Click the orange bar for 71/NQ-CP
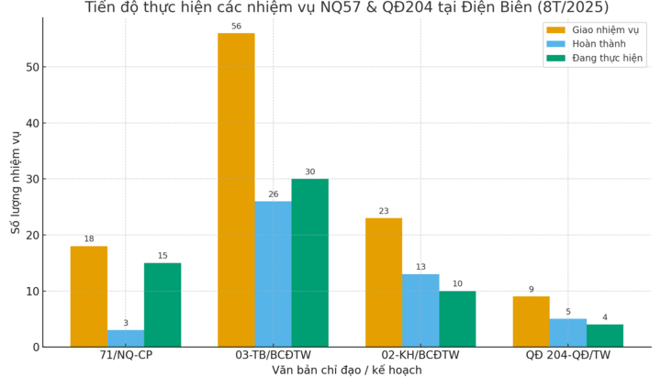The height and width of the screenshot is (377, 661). pos(89,296)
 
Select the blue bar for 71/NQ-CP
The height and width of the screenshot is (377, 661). pos(126,338)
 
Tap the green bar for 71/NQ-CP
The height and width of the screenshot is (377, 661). pos(162,305)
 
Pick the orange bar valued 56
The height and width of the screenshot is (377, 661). pos(236,190)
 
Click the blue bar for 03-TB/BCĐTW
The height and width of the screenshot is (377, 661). pos(273,273)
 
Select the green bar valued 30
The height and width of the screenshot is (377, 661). pos(309,262)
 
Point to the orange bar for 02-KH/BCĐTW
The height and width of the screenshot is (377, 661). pos(384,282)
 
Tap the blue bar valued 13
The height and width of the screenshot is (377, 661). pos(420,310)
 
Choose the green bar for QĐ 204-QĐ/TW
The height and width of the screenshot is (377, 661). pos(605,335)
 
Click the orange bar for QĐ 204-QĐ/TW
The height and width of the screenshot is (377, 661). pos(531,321)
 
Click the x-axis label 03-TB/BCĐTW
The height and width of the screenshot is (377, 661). pos(273,355)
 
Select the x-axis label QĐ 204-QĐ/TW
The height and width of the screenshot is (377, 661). pos(567,355)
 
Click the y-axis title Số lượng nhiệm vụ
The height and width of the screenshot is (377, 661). pos(16,182)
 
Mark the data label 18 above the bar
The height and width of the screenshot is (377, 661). pos(89,239)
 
